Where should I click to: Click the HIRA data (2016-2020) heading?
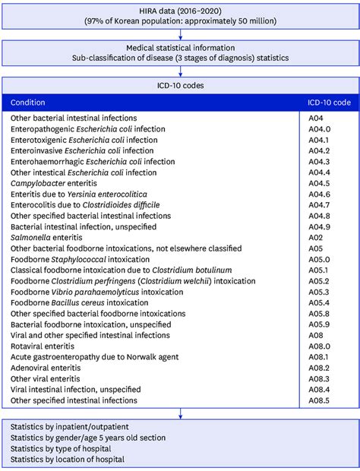[180, 9]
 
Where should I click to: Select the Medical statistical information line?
[180, 48]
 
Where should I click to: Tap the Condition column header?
[28, 102]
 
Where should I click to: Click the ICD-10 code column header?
[328, 102]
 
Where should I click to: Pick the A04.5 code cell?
[318, 183]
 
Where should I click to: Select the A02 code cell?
[314, 238]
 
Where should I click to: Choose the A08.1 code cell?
[318, 356]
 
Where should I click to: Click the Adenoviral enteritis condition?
[45, 367]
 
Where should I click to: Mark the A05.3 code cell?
[318, 292]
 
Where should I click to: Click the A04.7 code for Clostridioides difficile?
[318, 205]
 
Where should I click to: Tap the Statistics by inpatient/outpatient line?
[72, 426]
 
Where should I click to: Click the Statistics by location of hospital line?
[71, 459]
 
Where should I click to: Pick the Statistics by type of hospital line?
[65, 448]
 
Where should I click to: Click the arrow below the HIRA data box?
[180, 32]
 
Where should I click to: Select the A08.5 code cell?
[318, 400]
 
